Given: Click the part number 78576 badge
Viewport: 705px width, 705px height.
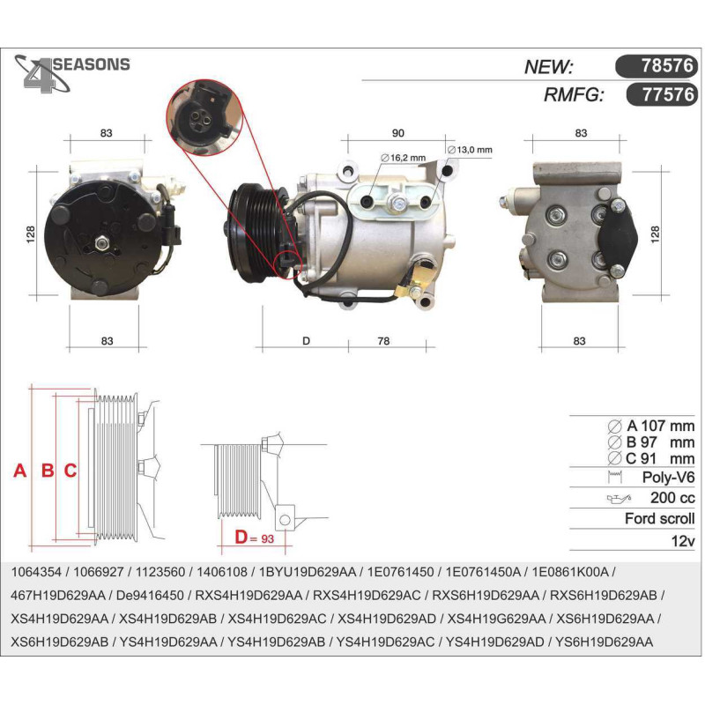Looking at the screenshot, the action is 656,65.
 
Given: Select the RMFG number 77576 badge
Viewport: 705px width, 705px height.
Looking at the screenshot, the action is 662,94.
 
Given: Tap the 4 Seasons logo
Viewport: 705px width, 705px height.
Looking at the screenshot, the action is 72,72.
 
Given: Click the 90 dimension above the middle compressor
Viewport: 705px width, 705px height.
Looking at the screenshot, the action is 398,133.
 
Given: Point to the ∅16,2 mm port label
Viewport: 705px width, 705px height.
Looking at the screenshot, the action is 404,158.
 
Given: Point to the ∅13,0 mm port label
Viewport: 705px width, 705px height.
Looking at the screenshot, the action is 470,150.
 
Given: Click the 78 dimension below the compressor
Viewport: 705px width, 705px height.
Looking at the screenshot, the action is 383,341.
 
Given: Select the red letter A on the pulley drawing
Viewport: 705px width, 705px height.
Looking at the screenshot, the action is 19,471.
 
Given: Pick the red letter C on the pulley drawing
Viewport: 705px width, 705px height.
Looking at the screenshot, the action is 70,471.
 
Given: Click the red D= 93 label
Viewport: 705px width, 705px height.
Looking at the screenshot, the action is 255,538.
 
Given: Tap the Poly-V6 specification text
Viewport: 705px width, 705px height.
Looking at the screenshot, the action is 668,477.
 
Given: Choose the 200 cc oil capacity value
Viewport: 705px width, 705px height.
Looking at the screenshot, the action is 672,498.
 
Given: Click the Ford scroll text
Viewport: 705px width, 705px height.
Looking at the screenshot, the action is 659,518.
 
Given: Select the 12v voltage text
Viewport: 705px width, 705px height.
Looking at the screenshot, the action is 683,540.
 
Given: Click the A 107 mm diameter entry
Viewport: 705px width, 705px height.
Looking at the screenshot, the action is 651,426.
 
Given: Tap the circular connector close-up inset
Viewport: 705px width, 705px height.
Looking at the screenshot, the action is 204,117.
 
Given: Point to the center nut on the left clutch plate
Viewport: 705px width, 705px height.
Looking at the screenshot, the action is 102,243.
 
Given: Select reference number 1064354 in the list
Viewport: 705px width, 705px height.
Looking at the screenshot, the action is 36,572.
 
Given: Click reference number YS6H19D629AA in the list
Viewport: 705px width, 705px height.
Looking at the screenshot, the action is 605,642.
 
